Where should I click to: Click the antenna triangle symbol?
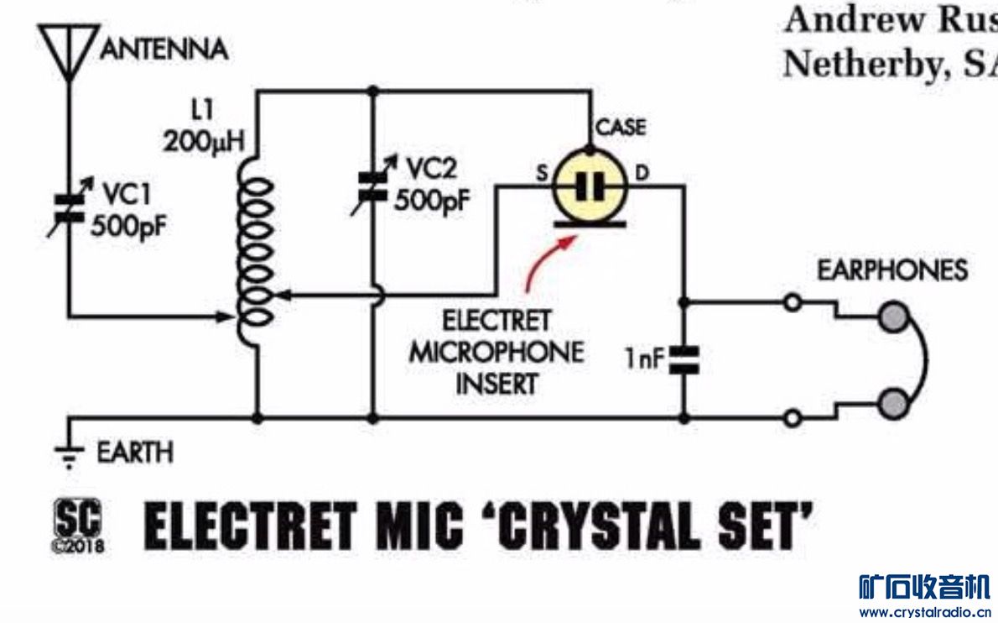click(x=68, y=47)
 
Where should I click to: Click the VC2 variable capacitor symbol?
click(x=372, y=187)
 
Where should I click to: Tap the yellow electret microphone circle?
click(x=590, y=186)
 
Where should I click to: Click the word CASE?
click(x=621, y=128)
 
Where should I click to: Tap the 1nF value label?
click(x=644, y=361)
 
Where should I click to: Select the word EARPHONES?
click(x=892, y=270)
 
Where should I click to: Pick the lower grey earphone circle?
click(x=894, y=403)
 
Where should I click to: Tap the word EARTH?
click(x=135, y=453)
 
